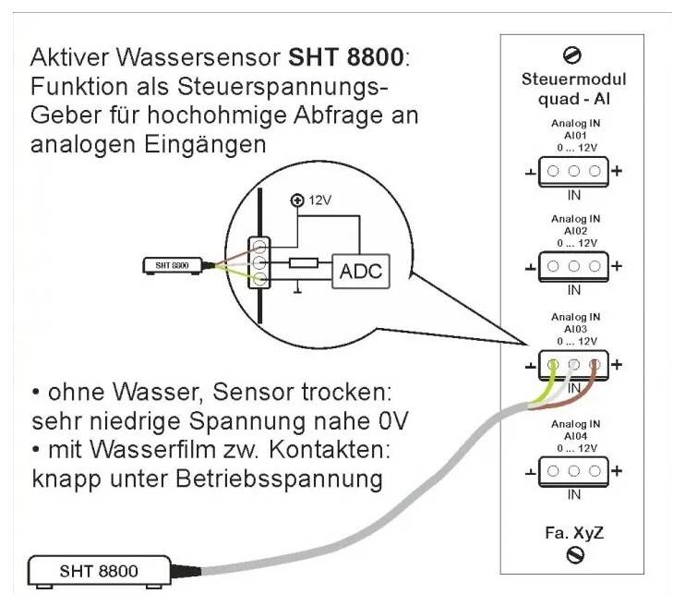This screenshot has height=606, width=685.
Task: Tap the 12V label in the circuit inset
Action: pyautogui.click(x=318, y=200)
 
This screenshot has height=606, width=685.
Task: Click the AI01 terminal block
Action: pyautogui.click(x=573, y=172)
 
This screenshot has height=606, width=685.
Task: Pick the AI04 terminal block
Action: pyautogui.click(x=573, y=470)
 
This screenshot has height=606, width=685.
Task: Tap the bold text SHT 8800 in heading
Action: pyautogui.click(x=345, y=57)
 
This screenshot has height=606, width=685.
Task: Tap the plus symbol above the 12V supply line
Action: pyautogui.click(x=296, y=200)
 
